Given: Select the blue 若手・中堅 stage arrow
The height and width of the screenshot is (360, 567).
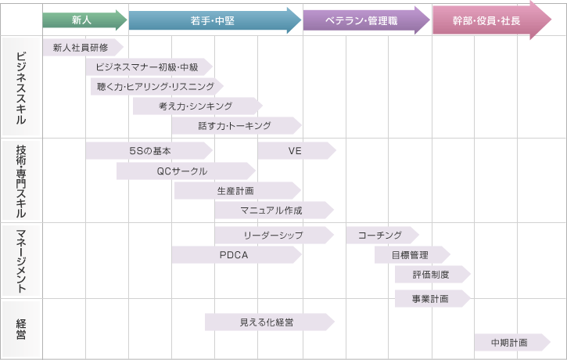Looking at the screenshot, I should click(214, 20).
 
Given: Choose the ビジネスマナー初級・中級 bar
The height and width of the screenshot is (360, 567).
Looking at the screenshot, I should click(147, 67).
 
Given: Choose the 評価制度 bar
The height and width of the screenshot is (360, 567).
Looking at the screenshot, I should click(431, 273).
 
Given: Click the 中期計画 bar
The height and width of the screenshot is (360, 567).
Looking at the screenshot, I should click(511, 343).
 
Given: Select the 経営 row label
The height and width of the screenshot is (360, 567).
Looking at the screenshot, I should click(21, 329).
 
